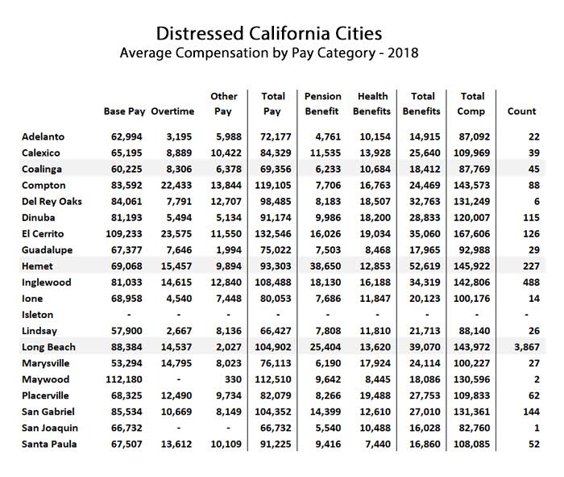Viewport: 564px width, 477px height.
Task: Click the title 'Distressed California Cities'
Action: pyautogui.click(x=268, y=34)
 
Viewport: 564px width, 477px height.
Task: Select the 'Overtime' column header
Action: pyautogui.click(x=172, y=111)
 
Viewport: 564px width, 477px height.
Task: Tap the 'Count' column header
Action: pyautogui.click(x=521, y=111)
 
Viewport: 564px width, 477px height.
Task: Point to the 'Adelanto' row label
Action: pyautogui.click(x=44, y=137)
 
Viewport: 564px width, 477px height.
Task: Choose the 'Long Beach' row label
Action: pyautogui.click(x=48, y=347)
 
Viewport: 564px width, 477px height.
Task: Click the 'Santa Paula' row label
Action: pyautogui.click(x=51, y=444)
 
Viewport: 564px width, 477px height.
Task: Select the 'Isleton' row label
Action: pyautogui.click(x=38, y=315)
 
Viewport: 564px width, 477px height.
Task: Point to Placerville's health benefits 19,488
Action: pyautogui.click(x=376, y=395)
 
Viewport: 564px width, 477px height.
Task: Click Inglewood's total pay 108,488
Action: pyautogui.click(x=274, y=282)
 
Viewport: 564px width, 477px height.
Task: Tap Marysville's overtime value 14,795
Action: pyautogui.click(x=174, y=363)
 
